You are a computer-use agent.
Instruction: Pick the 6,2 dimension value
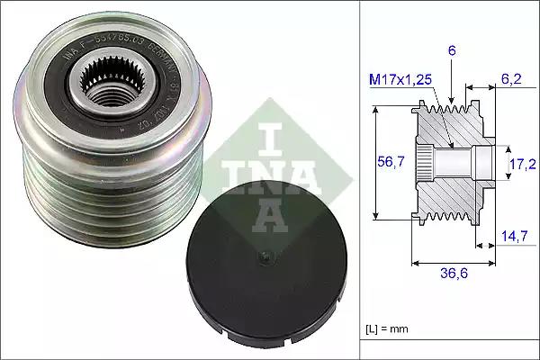[x=511, y=80]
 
